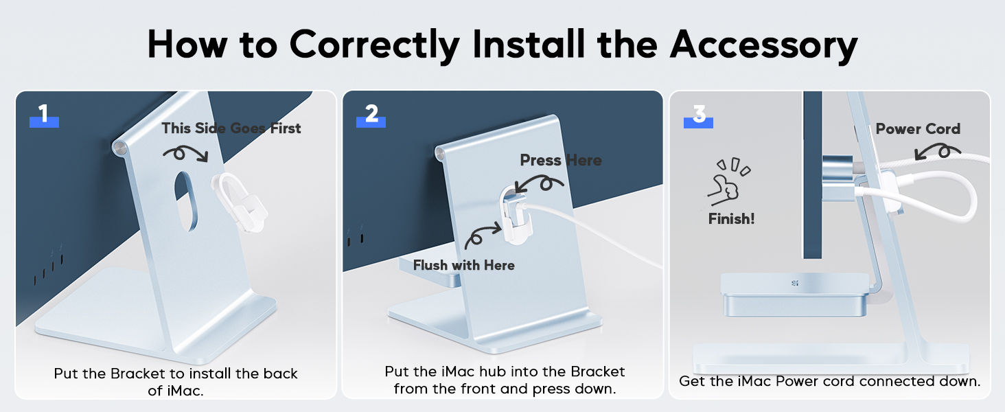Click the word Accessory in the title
coord(763,45)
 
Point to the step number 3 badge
coord(698,116)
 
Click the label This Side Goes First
coord(231,128)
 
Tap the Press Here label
coord(561,160)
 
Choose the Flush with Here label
coord(464,265)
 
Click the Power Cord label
coord(918,129)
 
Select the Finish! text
coord(731,219)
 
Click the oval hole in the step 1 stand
coord(185,201)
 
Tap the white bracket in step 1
coord(239,202)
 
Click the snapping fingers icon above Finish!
coord(728,181)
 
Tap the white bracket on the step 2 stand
coord(516,214)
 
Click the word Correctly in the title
coord(375,45)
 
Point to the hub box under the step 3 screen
coord(794,295)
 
